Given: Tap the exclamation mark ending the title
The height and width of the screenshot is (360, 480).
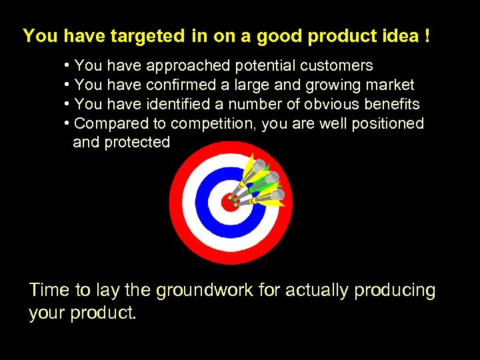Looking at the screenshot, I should pos(425,36).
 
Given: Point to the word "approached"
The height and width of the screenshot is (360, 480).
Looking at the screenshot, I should pos(188,65).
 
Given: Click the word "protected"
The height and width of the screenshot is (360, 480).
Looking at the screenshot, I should pos(137,142).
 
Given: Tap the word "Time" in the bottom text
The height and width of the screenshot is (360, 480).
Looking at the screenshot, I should pos(49,291).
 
